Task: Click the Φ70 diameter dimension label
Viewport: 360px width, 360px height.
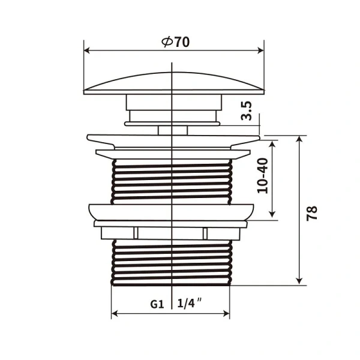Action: click(175, 42)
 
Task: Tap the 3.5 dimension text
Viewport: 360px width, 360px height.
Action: click(247, 112)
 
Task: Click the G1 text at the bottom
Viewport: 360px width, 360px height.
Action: click(157, 304)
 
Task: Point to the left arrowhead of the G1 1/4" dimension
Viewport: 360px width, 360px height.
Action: click(115, 313)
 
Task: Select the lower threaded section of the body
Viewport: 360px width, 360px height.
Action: click(172, 262)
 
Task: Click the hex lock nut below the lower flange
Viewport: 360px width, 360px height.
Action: click(172, 233)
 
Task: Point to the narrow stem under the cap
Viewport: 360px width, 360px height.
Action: click(172, 129)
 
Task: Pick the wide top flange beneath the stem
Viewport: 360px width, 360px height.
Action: click(173, 139)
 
